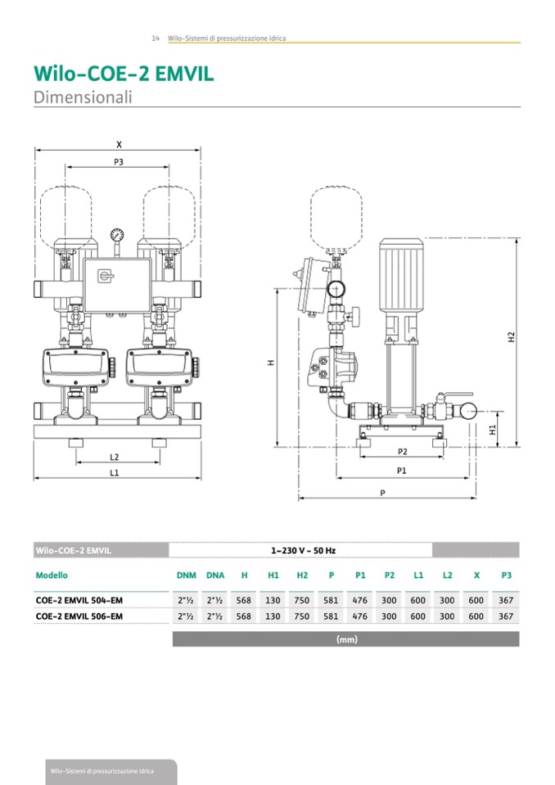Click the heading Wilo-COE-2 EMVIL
tap(124, 74)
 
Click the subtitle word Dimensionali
tap(82, 97)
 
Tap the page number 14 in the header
tap(156, 38)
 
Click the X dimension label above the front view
tap(118, 145)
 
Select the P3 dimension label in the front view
tap(118, 162)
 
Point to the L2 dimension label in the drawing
tap(115, 457)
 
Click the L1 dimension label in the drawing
tap(115, 473)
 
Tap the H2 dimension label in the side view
tap(511, 336)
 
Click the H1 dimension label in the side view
tap(492, 430)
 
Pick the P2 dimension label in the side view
tap(402, 452)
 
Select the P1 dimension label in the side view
tap(402, 471)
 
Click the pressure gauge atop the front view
tap(118, 233)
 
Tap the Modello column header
tap(52, 575)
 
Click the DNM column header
tap(186, 575)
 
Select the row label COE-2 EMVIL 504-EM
tap(79, 600)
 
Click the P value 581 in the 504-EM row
tap(331, 600)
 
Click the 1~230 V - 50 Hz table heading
tap(303, 551)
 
